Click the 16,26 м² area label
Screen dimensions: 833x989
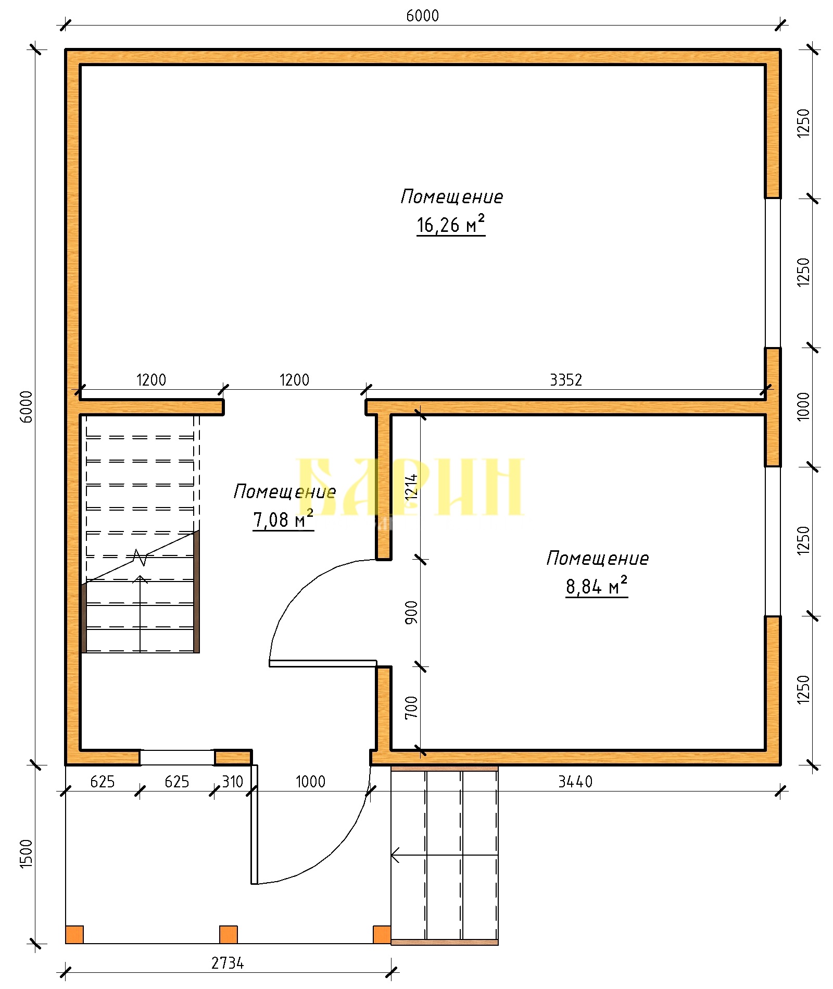pos(451,225)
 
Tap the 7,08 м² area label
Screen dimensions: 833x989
pos(283,520)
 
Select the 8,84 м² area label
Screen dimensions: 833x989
pos(597,586)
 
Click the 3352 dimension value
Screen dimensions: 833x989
pos(566,380)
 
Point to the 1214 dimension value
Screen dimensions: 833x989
pos(411,487)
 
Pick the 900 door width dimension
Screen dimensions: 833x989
pos(411,612)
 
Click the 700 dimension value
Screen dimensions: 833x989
pos(411,707)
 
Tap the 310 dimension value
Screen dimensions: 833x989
pos(232,782)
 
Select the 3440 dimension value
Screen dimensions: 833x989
pos(575,782)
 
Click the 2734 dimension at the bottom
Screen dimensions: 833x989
pos(228,963)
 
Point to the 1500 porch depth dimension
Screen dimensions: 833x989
pos(26,854)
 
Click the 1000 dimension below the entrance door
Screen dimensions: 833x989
pos(310,782)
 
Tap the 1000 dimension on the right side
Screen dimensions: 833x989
pos(804,406)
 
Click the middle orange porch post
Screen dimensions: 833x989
pos(229,934)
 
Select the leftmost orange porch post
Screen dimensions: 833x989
pos(74,934)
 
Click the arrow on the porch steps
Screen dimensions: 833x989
pos(444,855)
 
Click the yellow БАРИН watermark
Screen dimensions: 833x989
pos(409,487)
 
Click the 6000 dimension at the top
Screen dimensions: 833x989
pos(422,16)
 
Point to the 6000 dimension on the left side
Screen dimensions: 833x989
pos(26,406)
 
